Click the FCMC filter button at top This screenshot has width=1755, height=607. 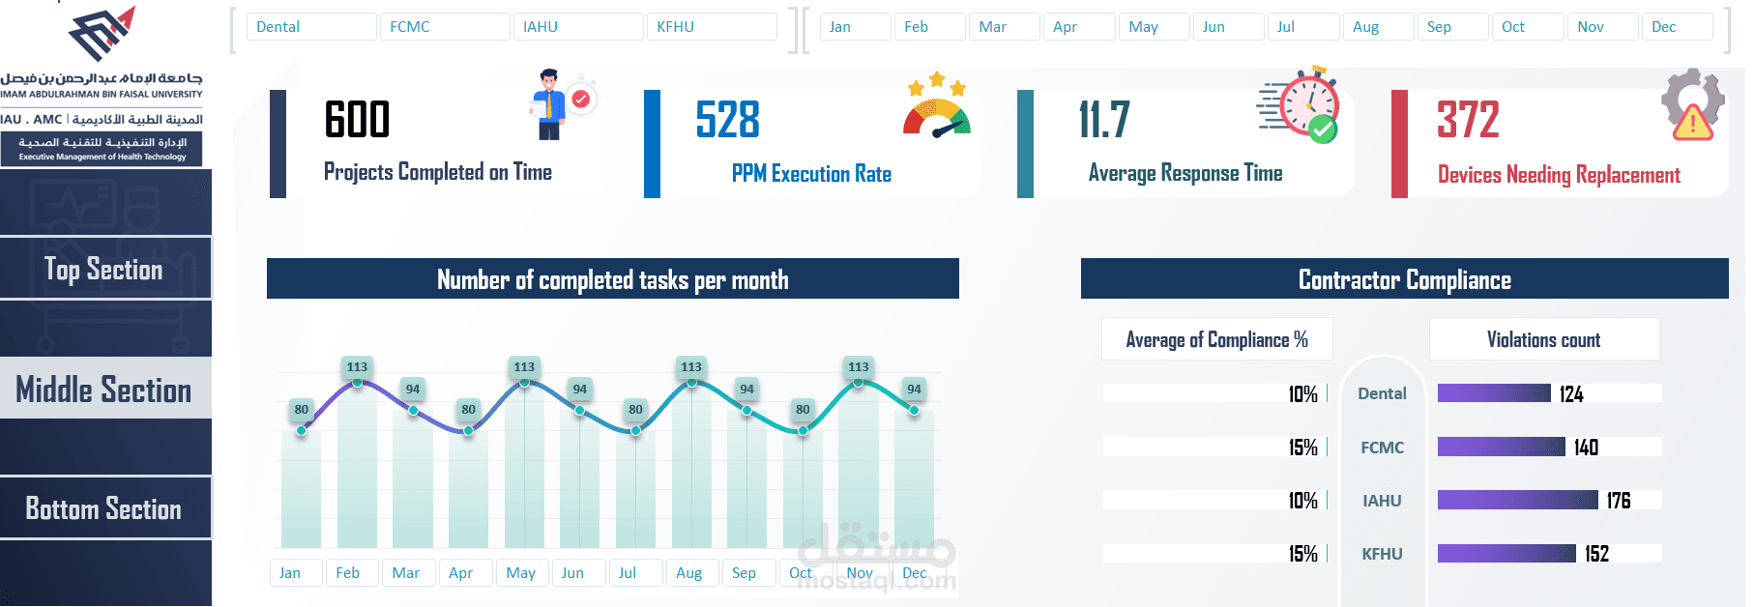tap(445, 27)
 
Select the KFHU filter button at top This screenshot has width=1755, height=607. tap(712, 27)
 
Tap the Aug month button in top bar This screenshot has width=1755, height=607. tap(1378, 27)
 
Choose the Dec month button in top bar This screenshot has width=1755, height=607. tap(1676, 27)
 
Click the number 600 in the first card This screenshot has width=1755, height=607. tap(357, 121)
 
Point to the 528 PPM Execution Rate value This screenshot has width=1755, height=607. tap(728, 121)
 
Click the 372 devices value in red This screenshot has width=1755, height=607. tap(1468, 121)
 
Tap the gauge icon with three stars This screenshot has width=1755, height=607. tap(936, 107)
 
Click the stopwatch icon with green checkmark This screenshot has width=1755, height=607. tap(1301, 105)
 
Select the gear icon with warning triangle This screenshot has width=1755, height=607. tap(1692, 104)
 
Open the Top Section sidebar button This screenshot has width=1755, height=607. tap(104, 269)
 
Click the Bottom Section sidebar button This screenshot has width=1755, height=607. tap(104, 508)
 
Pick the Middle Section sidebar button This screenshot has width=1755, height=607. tap(104, 389)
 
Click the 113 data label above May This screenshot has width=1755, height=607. tap(524, 366)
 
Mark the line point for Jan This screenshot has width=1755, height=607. tap(302, 430)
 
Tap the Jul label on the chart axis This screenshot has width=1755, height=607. tap(628, 573)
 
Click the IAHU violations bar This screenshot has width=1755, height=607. tap(1517, 500)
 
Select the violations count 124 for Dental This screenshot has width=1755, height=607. tap(1571, 393)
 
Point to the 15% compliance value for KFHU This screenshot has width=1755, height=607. tap(1302, 554)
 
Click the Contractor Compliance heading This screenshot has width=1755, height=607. tap(1404, 279)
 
